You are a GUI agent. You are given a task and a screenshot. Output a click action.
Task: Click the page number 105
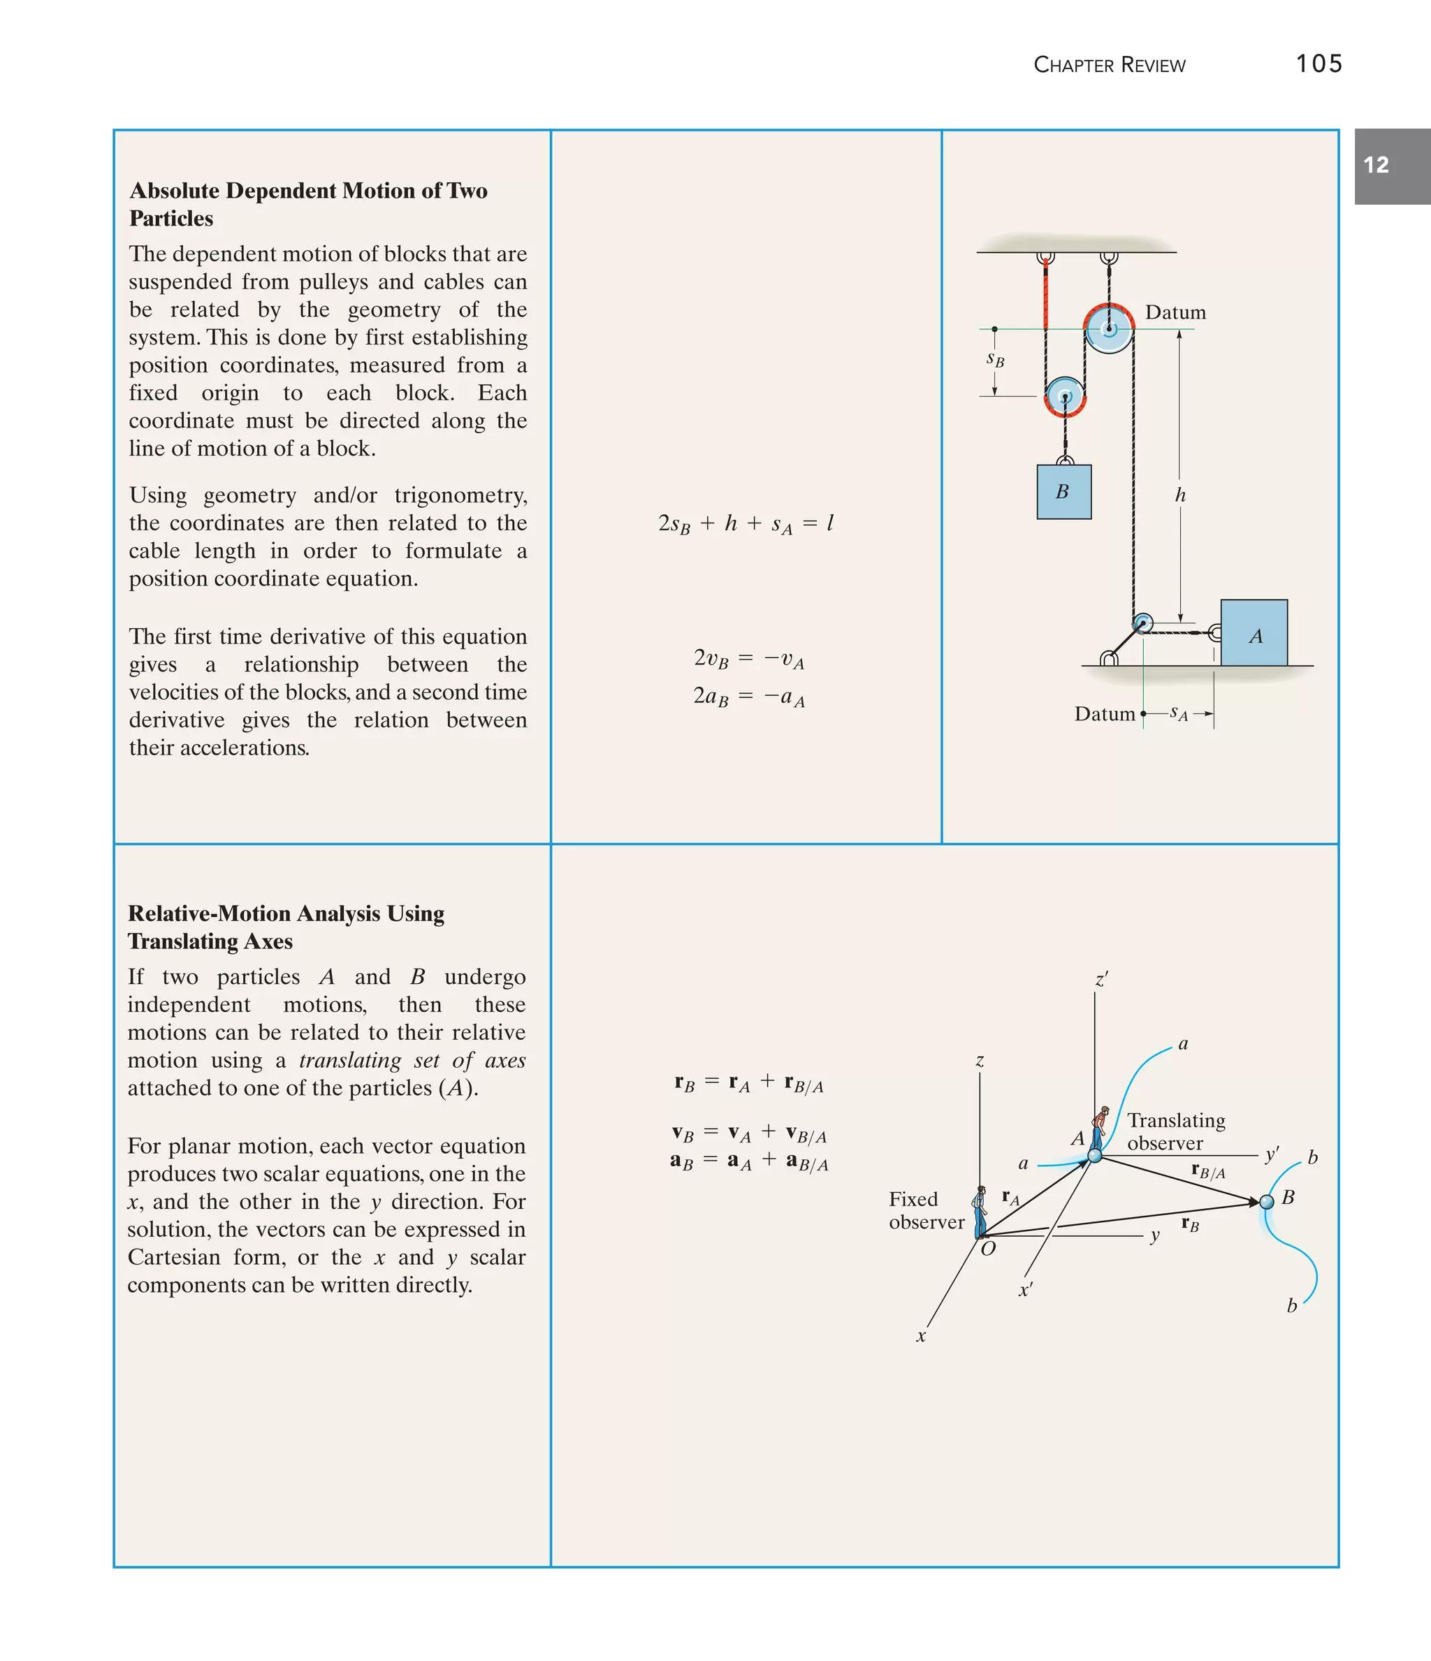click(1318, 64)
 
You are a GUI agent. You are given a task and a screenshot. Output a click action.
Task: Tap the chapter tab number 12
click(1376, 165)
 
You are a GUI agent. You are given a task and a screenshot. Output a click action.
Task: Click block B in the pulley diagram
click(1063, 492)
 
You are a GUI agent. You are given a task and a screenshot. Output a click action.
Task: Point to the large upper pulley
click(1109, 328)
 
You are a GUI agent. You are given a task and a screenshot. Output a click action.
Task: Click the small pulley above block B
click(1065, 397)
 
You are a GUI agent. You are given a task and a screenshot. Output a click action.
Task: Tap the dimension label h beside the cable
click(1180, 495)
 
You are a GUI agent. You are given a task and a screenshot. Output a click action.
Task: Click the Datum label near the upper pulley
click(1175, 312)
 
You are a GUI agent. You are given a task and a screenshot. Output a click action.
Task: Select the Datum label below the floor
click(1104, 714)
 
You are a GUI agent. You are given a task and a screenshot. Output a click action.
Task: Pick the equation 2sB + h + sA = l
click(746, 524)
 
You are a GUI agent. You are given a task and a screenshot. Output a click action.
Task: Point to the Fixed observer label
click(925, 1210)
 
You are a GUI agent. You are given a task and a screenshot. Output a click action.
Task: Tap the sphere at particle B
click(1267, 1202)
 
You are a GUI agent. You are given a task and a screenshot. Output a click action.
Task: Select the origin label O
click(989, 1249)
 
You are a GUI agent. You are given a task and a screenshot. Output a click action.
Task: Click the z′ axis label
click(1101, 980)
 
